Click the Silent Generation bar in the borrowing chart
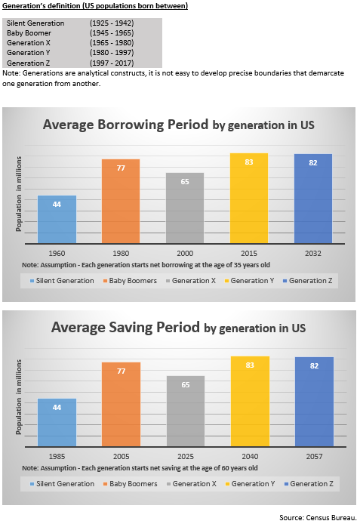(x=57, y=219)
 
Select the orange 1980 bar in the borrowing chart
(x=121, y=201)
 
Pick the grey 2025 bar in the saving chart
(x=185, y=411)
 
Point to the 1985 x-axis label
(x=57, y=458)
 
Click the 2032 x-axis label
(x=313, y=254)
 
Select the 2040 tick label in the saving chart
(x=249, y=458)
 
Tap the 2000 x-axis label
(x=185, y=254)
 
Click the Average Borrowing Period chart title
(x=178, y=125)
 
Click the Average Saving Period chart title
(x=178, y=328)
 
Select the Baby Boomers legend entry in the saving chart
(x=128, y=483)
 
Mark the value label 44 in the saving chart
(x=57, y=406)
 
